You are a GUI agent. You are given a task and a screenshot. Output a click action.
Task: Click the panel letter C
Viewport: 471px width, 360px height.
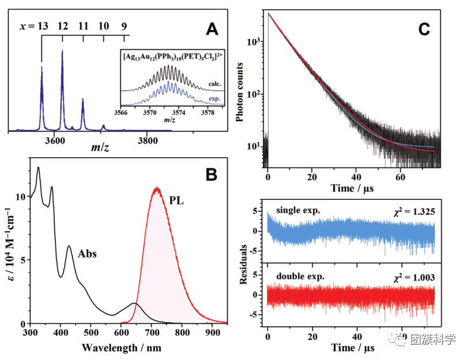[x=424, y=28]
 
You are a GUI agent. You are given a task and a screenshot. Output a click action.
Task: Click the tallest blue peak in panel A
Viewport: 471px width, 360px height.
[x=62, y=52]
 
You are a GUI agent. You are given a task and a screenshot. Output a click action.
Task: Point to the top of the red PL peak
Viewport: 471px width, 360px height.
[x=156, y=188]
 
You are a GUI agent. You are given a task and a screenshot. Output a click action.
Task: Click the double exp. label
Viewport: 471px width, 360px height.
[x=301, y=276]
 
